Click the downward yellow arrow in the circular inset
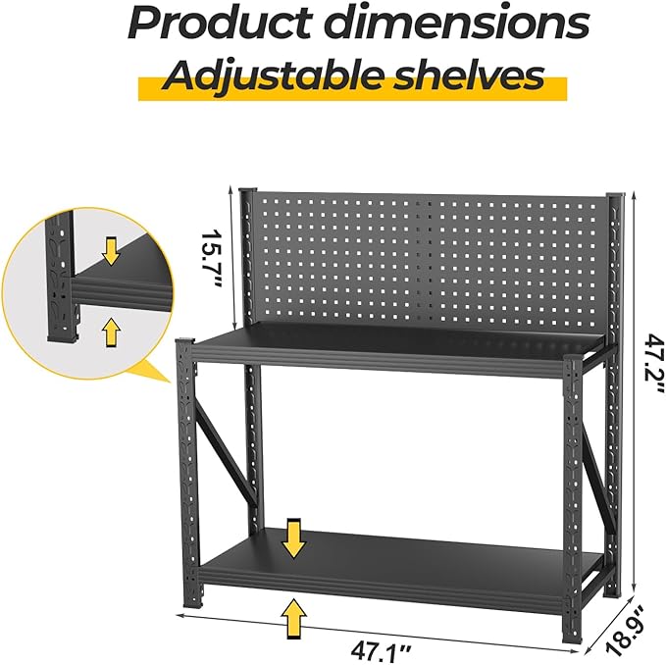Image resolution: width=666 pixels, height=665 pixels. (x=111, y=253)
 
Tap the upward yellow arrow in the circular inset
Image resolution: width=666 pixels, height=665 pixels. (x=111, y=331)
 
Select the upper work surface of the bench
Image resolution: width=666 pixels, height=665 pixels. (x=392, y=343)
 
